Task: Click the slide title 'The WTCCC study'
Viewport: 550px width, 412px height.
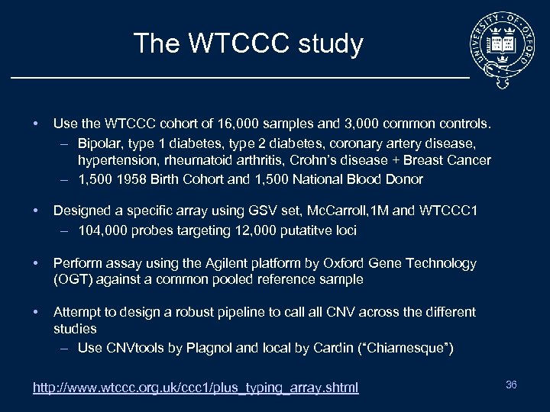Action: coord(247,43)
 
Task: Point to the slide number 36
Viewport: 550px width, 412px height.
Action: coord(511,385)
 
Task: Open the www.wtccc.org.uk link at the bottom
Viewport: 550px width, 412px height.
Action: coord(196,388)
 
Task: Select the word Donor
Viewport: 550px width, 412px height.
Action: coord(404,179)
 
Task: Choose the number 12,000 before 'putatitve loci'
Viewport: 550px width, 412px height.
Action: coord(247,230)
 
